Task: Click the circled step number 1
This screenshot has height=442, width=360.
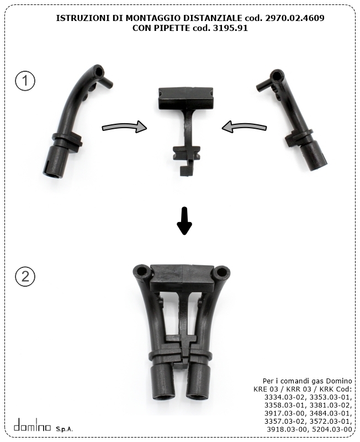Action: pyautogui.click(x=25, y=81)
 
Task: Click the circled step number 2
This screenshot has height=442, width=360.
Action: pyautogui.click(x=25, y=276)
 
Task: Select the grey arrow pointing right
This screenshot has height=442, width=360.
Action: pyautogui.click(x=124, y=127)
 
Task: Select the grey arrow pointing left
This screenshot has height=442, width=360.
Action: pyautogui.click(x=244, y=127)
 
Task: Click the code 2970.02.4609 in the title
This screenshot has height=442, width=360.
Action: pyautogui.click(x=295, y=18)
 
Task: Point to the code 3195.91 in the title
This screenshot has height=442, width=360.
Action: pyautogui.click(x=230, y=28)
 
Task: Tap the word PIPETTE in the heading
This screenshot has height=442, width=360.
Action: pyautogui.click(x=171, y=28)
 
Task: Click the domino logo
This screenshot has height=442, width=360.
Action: pyautogui.click(x=33, y=425)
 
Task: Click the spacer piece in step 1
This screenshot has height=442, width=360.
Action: pyautogui.click(x=185, y=124)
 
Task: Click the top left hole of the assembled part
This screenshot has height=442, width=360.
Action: pyautogui.click(x=141, y=271)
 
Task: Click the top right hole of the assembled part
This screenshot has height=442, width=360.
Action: pyautogui.click(x=221, y=272)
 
